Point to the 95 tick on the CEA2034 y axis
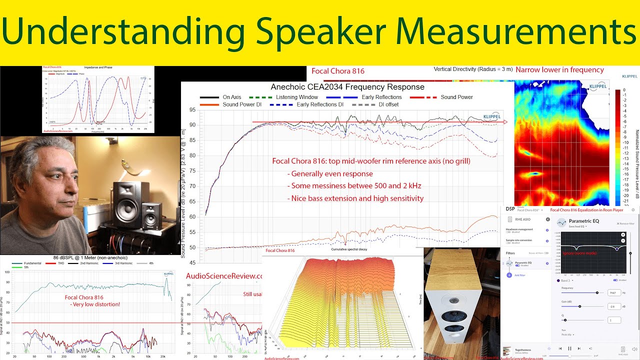191,109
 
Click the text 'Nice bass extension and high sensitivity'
355,198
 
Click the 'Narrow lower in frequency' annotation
559,70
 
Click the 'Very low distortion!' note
95,304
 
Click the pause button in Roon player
569,348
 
